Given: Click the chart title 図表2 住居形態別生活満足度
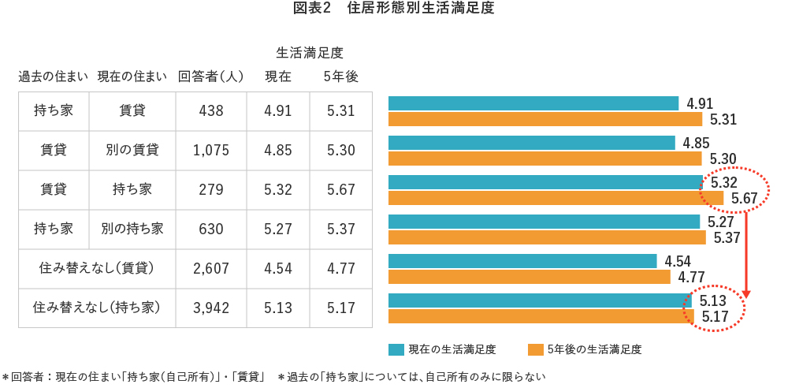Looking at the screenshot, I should coord(393,9).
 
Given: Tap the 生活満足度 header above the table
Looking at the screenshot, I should coord(309,53).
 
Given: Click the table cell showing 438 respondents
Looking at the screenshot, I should coord(210,111).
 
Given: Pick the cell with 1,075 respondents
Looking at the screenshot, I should coord(210,151).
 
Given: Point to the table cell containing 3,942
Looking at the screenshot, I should coord(210,308).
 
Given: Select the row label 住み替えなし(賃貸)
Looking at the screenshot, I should coord(96,269).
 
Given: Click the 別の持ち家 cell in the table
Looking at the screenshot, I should coord(132,229).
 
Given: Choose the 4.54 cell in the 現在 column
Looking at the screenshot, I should coord(277,269).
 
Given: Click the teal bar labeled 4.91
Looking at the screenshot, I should coord(533,103).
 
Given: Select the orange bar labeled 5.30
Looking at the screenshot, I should coord(545,159).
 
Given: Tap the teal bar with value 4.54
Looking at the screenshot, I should coord(522,261).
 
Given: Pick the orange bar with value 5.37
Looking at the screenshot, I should coord(547,237).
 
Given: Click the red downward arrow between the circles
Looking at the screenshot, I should coord(745,252).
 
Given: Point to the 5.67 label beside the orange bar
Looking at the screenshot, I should coord(745,198).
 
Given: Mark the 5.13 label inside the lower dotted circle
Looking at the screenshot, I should coord(710,300).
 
